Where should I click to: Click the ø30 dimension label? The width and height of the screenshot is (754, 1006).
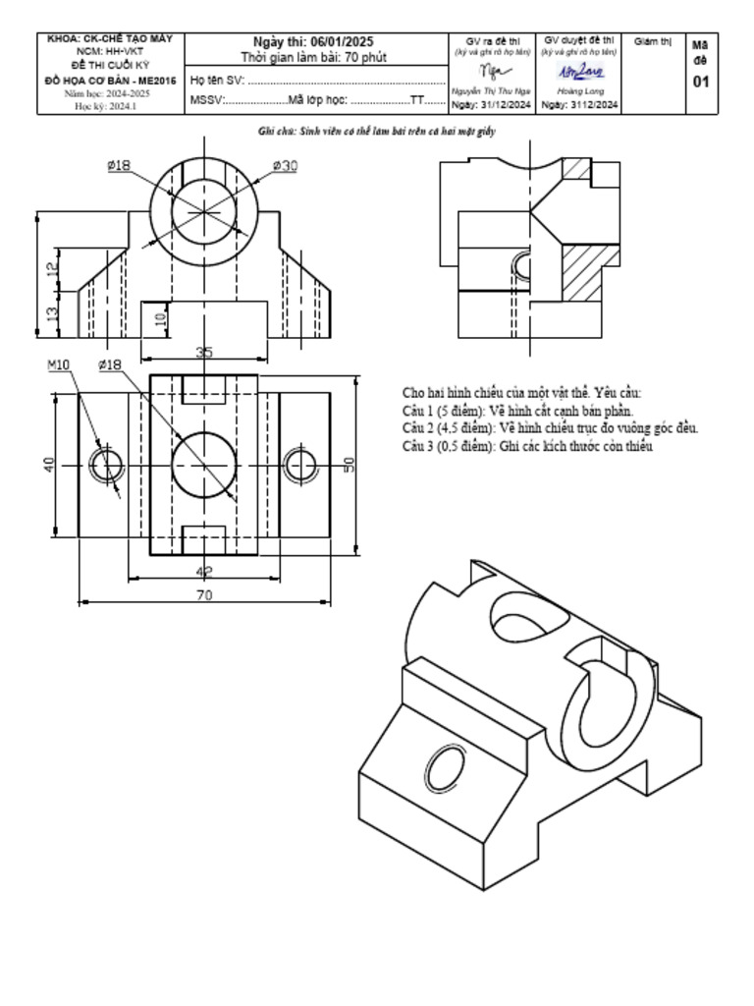tap(284, 166)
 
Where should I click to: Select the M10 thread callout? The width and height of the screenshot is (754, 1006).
tap(59, 365)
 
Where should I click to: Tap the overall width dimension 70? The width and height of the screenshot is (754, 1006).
tap(204, 594)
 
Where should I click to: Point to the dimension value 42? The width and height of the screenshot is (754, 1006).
tap(204, 571)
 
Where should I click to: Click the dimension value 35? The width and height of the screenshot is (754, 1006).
tap(204, 352)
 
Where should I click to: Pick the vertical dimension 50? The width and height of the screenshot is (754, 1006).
tap(348, 465)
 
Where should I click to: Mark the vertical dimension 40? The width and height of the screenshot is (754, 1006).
tap(49, 465)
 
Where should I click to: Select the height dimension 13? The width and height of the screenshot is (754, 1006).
tap(51, 314)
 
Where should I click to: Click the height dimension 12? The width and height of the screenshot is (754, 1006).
tap(51, 265)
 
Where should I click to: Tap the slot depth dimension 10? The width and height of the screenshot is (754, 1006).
tap(160, 318)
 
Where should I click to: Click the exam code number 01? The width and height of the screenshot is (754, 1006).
tap(700, 82)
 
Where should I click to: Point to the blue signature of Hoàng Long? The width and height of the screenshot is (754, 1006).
tap(581, 73)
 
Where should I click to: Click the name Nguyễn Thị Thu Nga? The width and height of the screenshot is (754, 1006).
tap(491, 90)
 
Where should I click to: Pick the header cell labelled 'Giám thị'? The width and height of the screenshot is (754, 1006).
tap(653, 41)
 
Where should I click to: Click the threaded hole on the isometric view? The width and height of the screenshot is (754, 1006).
tap(446, 767)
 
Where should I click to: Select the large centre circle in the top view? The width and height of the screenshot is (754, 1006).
tap(204, 465)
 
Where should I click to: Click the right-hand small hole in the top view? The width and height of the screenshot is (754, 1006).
tap(301, 464)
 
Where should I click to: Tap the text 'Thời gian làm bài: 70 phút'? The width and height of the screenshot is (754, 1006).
tap(313, 57)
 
